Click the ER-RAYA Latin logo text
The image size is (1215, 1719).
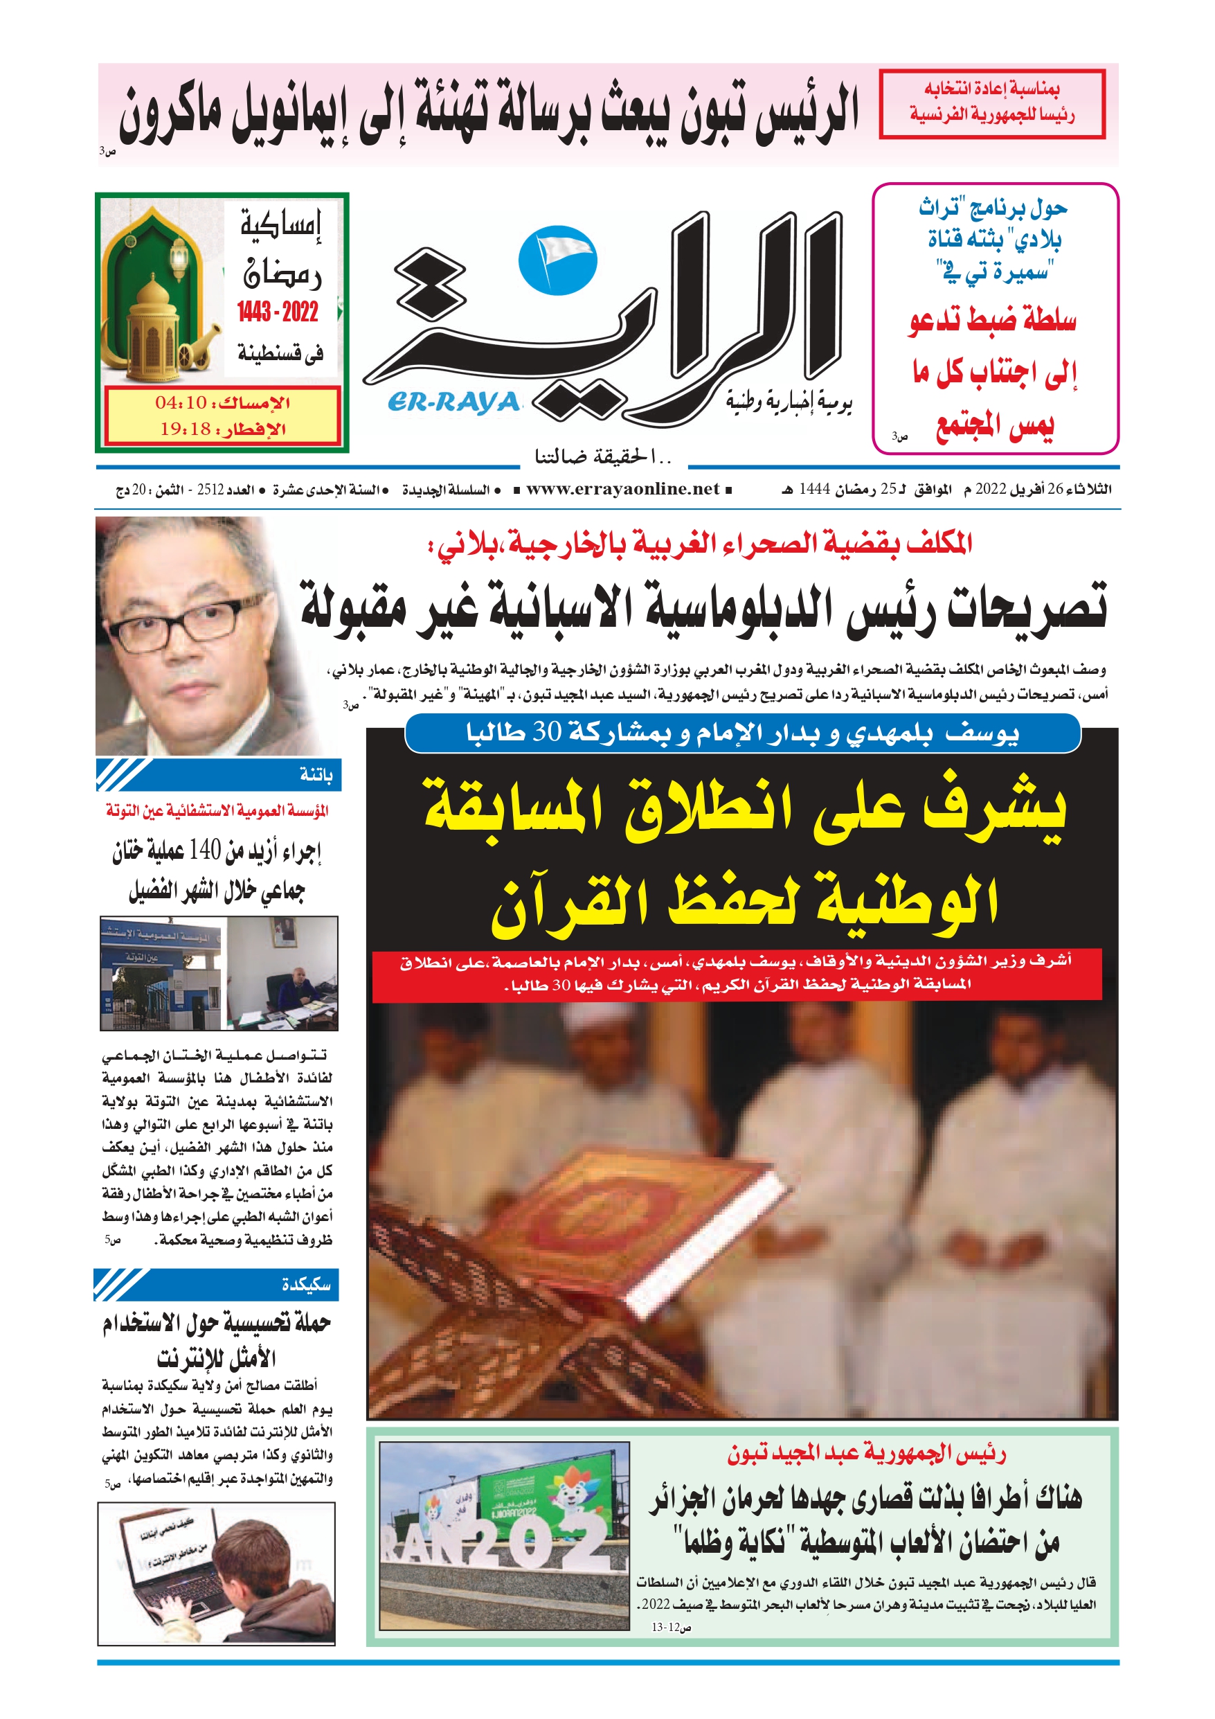453,403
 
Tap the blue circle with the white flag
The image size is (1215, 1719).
557,260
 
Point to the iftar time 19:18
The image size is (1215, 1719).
185,429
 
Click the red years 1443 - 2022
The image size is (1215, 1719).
278,312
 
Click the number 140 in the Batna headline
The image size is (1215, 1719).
204,850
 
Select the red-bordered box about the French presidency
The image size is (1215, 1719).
991,103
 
